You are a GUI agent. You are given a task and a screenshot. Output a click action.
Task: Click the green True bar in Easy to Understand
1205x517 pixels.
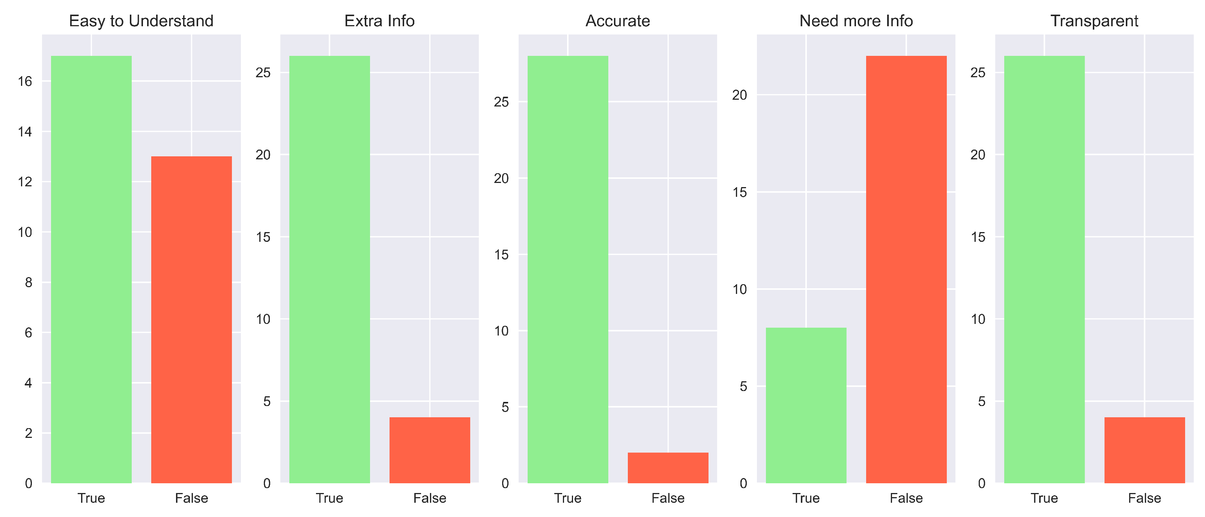[91, 269]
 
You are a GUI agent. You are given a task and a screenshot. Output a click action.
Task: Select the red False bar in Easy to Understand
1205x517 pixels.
[191, 320]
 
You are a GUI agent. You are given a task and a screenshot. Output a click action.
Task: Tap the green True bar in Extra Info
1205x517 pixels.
[329, 269]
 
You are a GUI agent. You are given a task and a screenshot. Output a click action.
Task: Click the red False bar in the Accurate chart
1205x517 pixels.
[668, 468]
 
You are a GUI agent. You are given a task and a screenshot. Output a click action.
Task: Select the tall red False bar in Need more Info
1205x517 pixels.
[906, 269]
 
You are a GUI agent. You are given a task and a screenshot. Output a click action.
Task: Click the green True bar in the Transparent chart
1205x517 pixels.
[1044, 269]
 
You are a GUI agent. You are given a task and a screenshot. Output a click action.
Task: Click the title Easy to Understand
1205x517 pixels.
[141, 21]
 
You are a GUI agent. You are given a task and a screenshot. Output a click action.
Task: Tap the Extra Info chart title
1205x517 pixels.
[379, 21]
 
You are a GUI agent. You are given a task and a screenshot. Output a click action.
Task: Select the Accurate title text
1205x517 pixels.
[617, 21]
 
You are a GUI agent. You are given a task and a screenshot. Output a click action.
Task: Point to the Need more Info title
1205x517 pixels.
[856, 21]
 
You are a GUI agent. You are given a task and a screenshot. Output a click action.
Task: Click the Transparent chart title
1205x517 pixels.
[1094, 21]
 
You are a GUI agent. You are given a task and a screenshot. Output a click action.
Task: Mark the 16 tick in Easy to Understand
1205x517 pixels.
[25, 82]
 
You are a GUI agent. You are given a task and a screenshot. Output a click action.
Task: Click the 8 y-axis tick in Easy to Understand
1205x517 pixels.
[29, 282]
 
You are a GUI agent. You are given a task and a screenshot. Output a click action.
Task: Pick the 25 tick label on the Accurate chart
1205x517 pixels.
[501, 102]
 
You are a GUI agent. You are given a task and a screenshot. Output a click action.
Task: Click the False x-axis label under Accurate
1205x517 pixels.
[668, 498]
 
